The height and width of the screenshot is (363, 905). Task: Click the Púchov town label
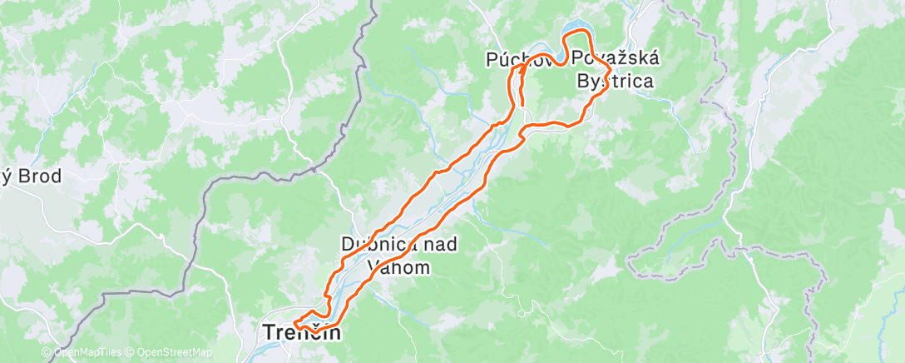[x=514, y=59]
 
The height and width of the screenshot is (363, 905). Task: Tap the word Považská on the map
[x=616, y=59]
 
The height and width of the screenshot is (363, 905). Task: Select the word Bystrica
[x=616, y=81]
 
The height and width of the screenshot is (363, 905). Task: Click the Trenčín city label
[x=301, y=333]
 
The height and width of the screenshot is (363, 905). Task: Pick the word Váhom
[x=398, y=267]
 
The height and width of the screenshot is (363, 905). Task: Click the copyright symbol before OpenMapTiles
[x=46, y=353]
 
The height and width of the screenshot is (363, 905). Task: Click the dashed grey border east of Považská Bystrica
[x=732, y=167]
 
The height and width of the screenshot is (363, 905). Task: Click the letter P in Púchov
[x=492, y=59]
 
